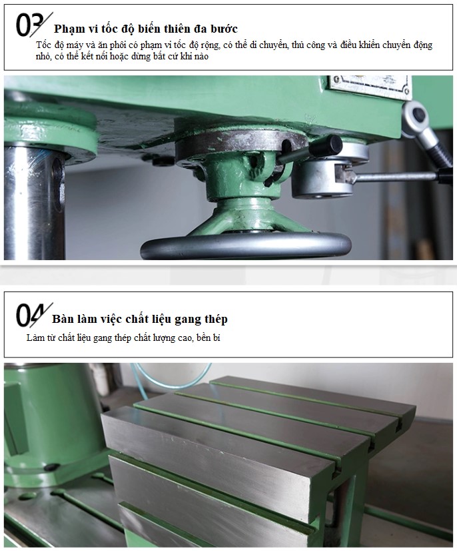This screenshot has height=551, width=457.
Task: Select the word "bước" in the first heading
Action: pyautogui.click(x=225, y=29)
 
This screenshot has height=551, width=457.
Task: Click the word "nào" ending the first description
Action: pyautogui.click(x=201, y=57)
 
